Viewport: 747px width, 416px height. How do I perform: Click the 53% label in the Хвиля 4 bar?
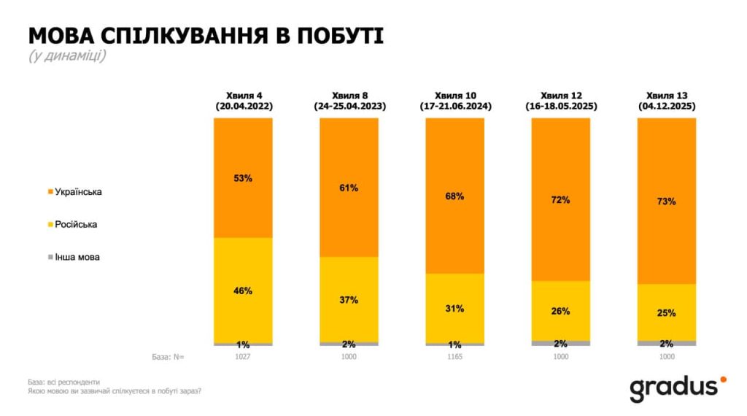tap(243, 179)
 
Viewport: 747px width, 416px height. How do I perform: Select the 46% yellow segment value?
tap(243, 291)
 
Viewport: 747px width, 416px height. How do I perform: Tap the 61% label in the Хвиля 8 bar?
tap(349, 188)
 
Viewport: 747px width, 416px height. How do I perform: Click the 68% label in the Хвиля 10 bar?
tap(454, 196)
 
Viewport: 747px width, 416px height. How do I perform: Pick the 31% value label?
tap(454, 309)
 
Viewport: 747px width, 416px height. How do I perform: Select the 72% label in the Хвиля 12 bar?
tap(560, 199)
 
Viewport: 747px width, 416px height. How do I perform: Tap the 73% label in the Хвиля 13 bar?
tap(666, 201)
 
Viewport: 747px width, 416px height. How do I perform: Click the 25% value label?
tap(666, 313)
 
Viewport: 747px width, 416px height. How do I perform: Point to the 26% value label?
tap(560, 312)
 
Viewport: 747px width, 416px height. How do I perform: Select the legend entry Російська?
tap(75, 225)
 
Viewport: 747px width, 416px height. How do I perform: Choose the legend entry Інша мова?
tap(77, 258)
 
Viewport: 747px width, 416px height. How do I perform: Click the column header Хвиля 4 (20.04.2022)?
tap(243, 101)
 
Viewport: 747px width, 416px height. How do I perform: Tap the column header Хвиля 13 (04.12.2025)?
tap(666, 101)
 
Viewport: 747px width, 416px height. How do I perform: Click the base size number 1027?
tap(243, 357)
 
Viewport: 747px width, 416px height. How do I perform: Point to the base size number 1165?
tap(454, 357)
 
